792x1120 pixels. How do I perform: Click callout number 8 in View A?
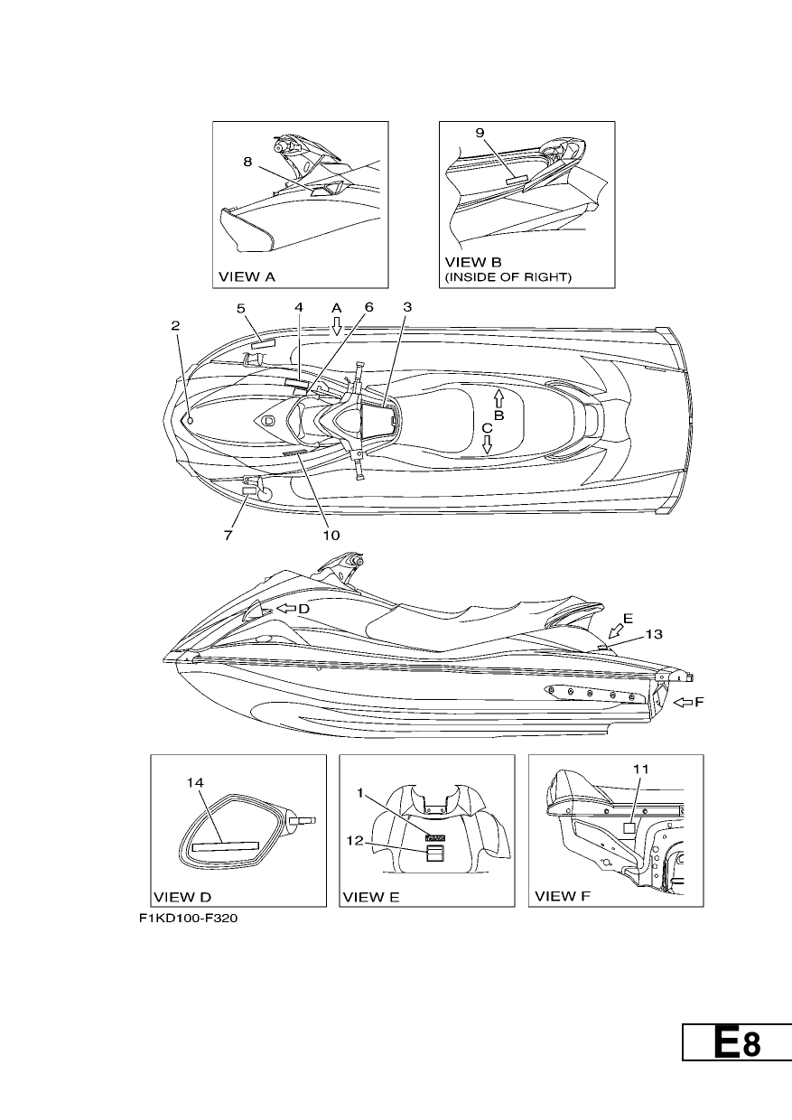(247, 162)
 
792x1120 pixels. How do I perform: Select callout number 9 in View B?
(480, 133)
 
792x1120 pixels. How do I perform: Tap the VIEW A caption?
(247, 276)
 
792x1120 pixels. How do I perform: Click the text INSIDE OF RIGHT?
(508, 277)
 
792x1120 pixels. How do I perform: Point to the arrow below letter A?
(337, 325)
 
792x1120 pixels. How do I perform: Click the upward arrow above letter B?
(498, 398)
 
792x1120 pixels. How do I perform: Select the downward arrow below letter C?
(487, 444)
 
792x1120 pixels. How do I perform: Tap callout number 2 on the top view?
(175, 325)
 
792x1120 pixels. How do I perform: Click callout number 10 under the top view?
(331, 536)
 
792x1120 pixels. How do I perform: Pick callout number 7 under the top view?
(228, 536)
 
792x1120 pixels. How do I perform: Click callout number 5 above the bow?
(241, 308)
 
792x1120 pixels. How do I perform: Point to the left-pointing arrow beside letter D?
(286, 609)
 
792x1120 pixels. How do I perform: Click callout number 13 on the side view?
(654, 634)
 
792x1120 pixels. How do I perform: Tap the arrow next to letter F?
(684, 703)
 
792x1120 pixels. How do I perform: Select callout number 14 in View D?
(195, 782)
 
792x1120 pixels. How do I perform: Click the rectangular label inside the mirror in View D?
(226, 846)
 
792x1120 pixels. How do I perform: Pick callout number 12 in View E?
(355, 841)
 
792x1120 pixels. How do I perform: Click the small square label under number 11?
(629, 828)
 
